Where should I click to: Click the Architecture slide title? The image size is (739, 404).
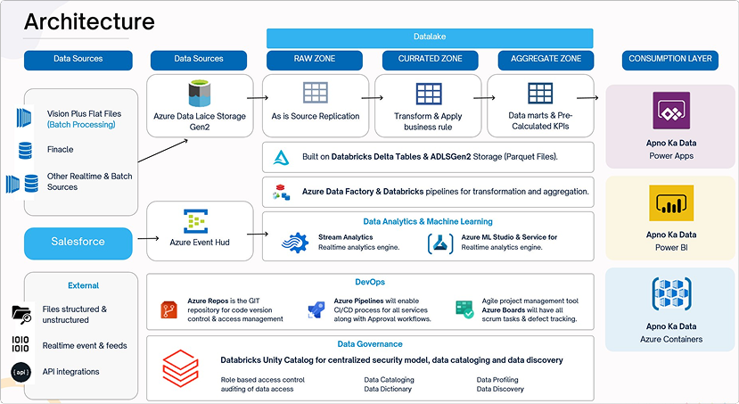tap(89, 21)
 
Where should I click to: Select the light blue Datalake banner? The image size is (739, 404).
tap(430, 37)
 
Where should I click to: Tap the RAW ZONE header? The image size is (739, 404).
tap(315, 60)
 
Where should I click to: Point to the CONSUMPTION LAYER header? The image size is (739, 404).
tap(670, 60)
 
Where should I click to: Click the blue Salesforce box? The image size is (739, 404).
tap(78, 242)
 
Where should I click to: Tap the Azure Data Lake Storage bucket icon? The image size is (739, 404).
tap(199, 94)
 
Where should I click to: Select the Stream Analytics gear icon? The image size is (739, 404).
tap(294, 243)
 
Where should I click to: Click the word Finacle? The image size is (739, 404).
tap(61, 149)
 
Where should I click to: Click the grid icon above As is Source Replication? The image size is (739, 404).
tap(315, 93)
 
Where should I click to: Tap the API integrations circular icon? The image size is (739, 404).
tap(21, 372)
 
